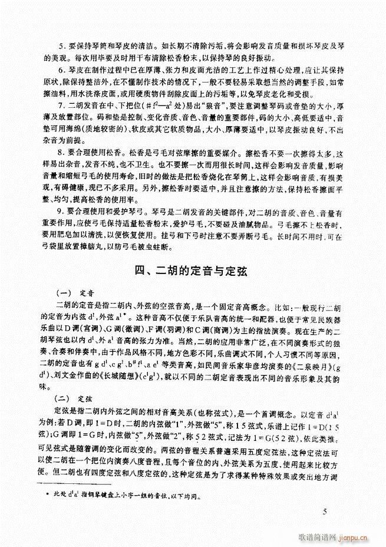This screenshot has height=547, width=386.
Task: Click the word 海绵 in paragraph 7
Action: pyautogui.click(x=91, y=147)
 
